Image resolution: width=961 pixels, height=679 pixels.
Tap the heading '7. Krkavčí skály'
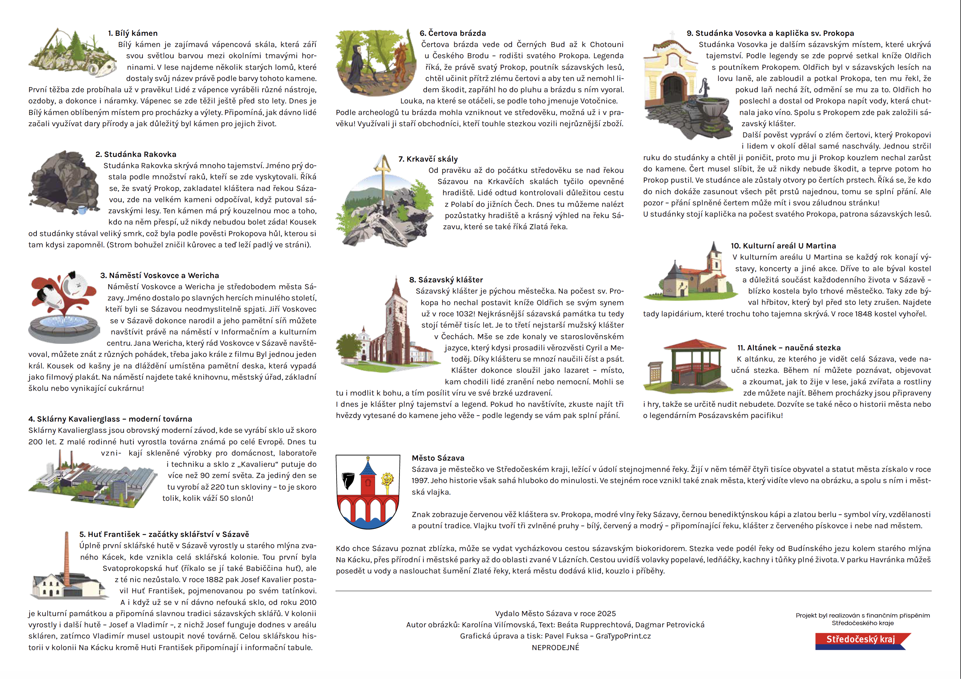[x=428, y=159]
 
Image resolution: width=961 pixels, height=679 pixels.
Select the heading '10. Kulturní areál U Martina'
[x=783, y=246]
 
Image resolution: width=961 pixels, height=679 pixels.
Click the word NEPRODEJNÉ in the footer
[x=555, y=648]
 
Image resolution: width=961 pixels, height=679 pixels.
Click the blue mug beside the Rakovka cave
[x=82, y=209]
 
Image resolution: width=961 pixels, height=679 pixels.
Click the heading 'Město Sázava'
[x=438, y=458]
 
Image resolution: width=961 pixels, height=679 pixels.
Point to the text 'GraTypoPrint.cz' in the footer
[x=623, y=636]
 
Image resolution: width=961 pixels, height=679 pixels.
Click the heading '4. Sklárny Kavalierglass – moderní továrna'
[x=110, y=419]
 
